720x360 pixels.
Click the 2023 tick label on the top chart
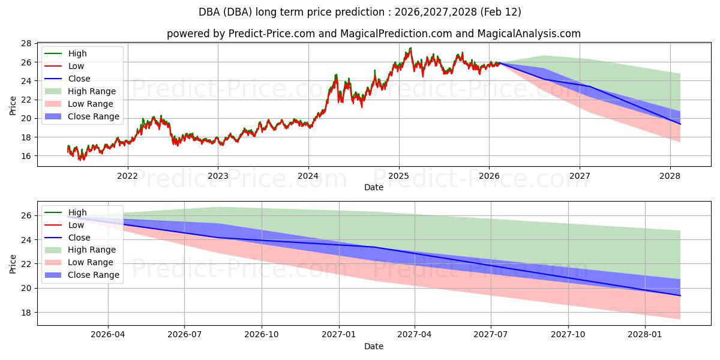coord(218,176)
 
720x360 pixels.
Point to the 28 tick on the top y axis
coord(26,44)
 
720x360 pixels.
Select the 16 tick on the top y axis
coord(26,156)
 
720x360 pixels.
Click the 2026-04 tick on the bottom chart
coord(108,335)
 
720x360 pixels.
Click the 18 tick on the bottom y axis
coord(26,313)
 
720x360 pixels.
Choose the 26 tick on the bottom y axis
coord(26,215)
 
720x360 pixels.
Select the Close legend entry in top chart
coord(79,79)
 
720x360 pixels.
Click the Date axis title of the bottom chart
coord(373,346)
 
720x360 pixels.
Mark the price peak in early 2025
coord(410,49)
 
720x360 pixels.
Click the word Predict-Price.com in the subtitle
coord(272,34)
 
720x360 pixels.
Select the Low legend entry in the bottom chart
coord(76,225)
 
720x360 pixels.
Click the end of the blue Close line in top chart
coord(680,124)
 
